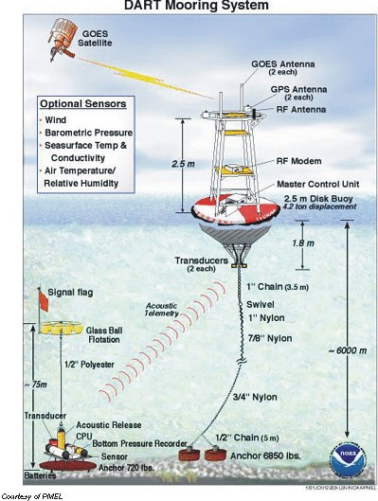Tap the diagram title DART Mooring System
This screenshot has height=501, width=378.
pos(189,9)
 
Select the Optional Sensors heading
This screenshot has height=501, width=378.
pos(83,103)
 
